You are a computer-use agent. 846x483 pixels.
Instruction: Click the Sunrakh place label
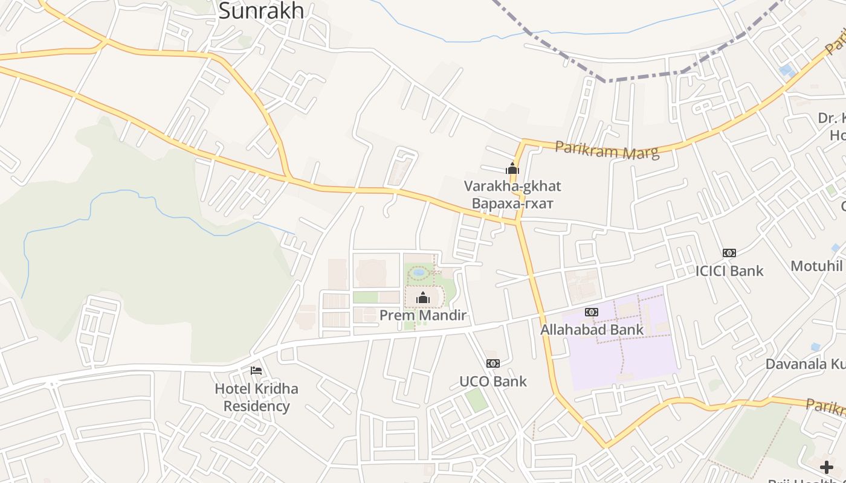(x=260, y=10)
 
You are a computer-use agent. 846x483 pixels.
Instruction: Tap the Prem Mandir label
(x=423, y=315)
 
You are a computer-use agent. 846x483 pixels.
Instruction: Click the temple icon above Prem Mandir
(x=423, y=297)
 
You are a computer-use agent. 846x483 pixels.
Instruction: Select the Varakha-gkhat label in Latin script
(x=512, y=185)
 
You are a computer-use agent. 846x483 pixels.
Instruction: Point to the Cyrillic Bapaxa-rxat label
(x=512, y=203)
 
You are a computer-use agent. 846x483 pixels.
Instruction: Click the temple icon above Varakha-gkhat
(x=512, y=168)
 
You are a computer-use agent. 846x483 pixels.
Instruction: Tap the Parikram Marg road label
(x=607, y=150)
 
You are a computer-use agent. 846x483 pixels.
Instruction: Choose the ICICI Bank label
(x=729, y=270)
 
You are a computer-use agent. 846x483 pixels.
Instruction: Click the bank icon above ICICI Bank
(x=729, y=253)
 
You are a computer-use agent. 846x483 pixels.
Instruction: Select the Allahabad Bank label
(x=592, y=330)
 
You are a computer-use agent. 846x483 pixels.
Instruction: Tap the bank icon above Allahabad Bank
(x=592, y=312)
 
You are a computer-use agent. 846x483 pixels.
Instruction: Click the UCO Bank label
(x=493, y=381)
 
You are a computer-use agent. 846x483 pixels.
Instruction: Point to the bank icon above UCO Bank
(x=493, y=363)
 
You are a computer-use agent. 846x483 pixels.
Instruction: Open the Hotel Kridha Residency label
(x=256, y=397)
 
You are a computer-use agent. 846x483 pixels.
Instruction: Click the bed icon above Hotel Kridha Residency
(x=256, y=370)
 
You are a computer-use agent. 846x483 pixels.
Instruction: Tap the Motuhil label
(x=816, y=266)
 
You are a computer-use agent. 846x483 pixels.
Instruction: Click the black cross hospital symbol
(x=826, y=467)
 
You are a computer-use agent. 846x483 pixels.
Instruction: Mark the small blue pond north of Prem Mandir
(x=418, y=272)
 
